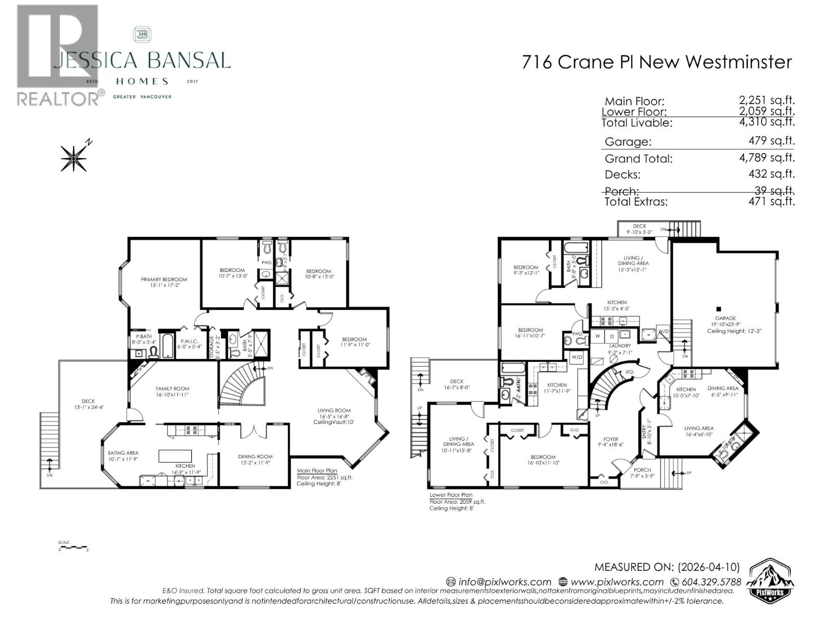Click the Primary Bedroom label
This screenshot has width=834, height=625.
point(164,282)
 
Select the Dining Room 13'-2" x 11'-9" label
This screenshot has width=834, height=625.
point(255,460)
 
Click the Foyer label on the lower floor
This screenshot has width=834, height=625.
point(610,442)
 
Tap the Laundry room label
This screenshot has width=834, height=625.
point(620,349)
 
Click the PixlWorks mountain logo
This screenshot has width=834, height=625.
point(770,581)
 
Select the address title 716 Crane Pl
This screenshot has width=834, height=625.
point(657,62)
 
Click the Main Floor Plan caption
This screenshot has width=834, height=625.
point(317,470)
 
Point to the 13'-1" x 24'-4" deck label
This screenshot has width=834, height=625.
point(88,404)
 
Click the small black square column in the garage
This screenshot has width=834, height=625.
point(719,308)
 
